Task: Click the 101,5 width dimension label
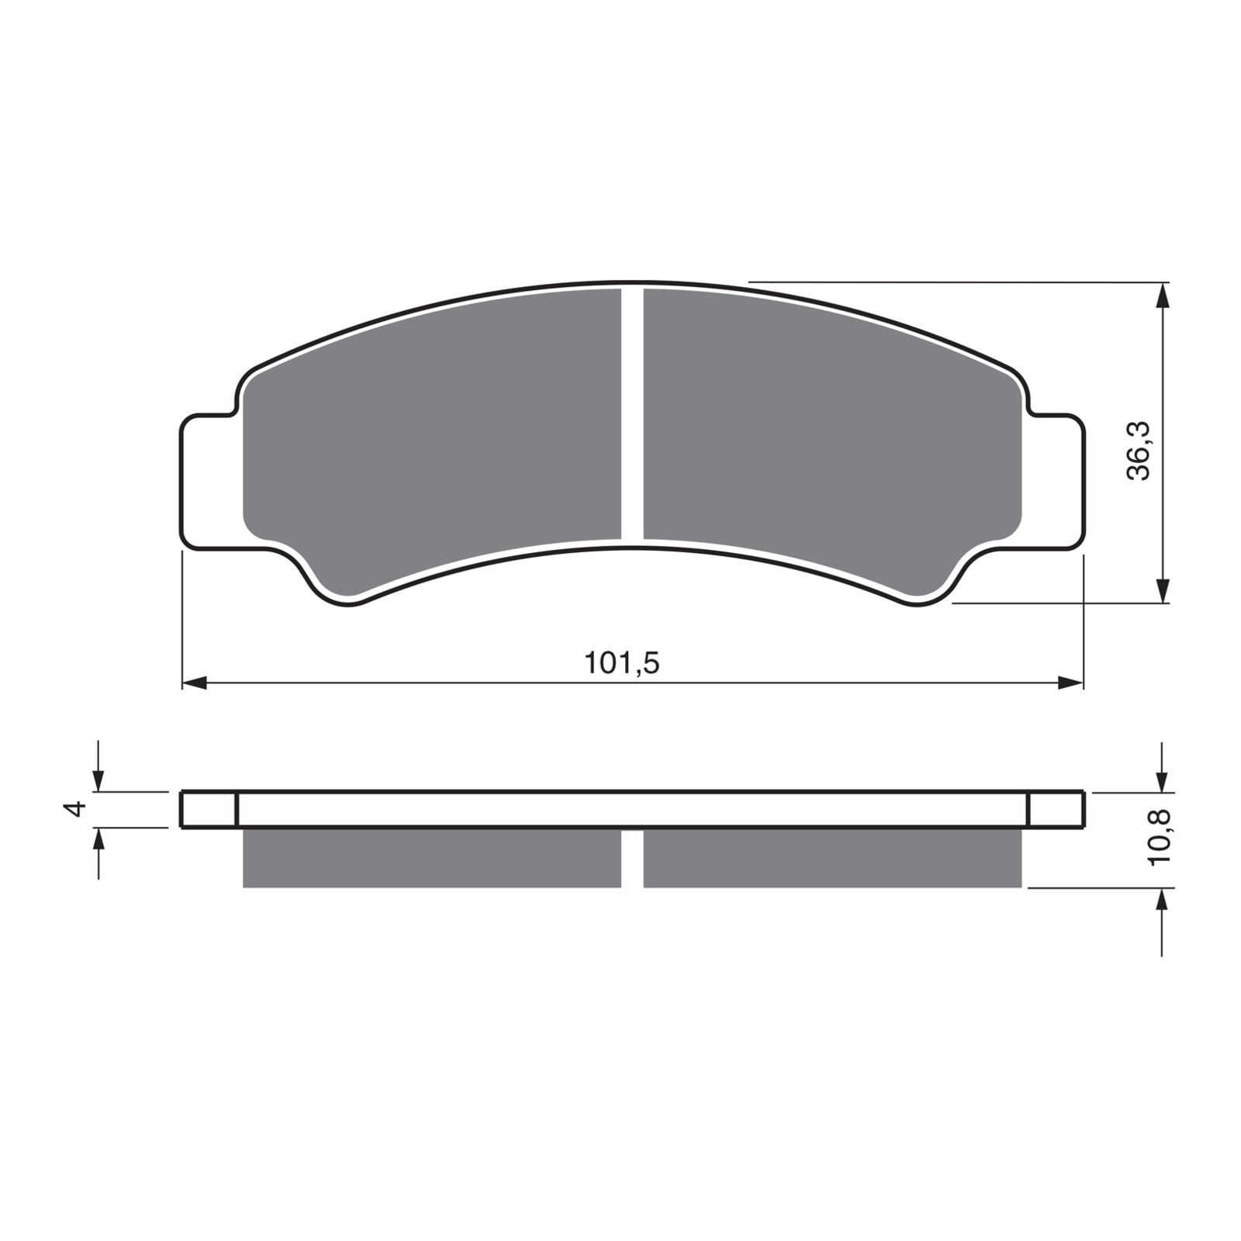coord(621,664)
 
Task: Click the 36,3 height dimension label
coord(1139,452)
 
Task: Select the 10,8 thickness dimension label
coord(1160,836)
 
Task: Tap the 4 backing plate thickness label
coord(75,810)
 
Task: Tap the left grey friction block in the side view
coord(432,858)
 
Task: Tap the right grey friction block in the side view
coord(831,858)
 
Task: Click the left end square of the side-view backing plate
coord(208,810)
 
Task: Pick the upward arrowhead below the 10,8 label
coord(1161,900)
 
